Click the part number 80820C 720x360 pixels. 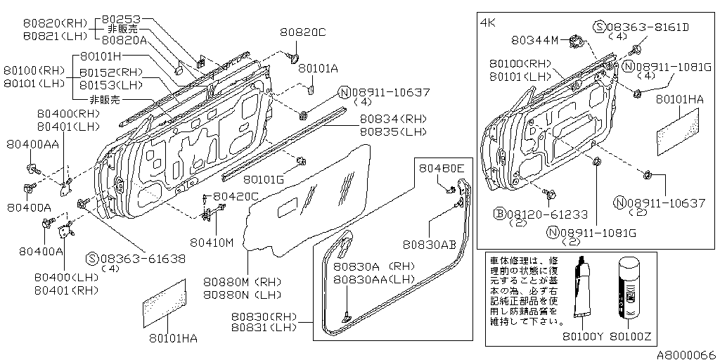pos(302,32)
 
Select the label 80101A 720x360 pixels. pos(319,68)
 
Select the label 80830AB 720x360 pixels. pos(430,244)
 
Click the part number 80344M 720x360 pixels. pos(535,41)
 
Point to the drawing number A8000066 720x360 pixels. pos(686,354)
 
